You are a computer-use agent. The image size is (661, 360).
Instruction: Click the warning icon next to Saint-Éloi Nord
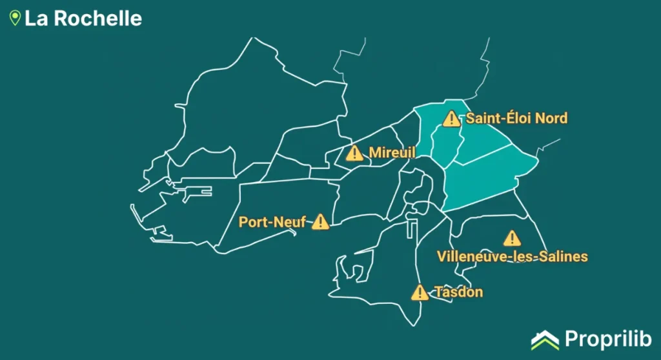[x=452, y=119]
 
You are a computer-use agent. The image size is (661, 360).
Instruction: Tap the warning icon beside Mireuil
[x=354, y=153]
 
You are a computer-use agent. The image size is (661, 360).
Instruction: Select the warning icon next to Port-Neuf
[x=320, y=223]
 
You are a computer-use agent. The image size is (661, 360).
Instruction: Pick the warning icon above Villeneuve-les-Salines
[x=512, y=238]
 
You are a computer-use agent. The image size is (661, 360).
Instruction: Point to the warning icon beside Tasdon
[x=420, y=293]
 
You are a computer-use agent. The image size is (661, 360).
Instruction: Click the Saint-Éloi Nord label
[x=516, y=119]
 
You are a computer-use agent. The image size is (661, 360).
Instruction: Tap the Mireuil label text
[x=392, y=153]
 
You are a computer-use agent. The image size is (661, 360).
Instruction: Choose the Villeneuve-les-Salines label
[x=512, y=257]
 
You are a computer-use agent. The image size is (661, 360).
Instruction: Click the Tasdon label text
[x=458, y=293]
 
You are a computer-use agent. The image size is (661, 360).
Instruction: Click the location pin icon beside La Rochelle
[x=14, y=18]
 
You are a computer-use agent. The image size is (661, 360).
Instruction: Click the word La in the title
[x=36, y=18]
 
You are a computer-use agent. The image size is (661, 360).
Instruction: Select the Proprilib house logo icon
[x=545, y=339]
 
